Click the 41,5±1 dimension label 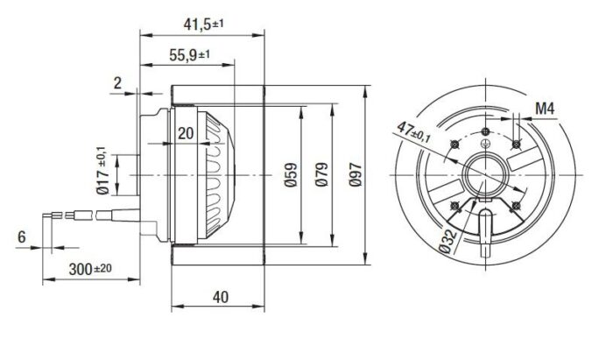pyautogui.click(x=203, y=25)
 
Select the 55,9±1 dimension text pyautogui.click(x=189, y=55)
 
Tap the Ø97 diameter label pyautogui.click(x=356, y=174)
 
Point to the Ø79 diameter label pyautogui.click(x=321, y=174)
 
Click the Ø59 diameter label pyautogui.click(x=291, y=174)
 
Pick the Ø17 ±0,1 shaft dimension pyautogui.click(x=102, y=171)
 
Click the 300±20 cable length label pyautogui.click(x=90, y=269)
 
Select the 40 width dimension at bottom pyautogui.click(x=221, y=298)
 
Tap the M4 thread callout pyautogui.click(x=545, y=109)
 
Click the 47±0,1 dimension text pyautogui.click(x=413, y=132)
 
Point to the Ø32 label pyautogui.click(x=447, y=242)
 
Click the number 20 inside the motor pyautogui.click(x=186, y=133)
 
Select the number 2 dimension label pyautogui.click(x=117, y=83)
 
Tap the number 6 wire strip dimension pyautogui.click(x=22, y=236)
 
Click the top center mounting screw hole pyautogui.click(x=485, y=131)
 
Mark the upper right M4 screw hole pyautogui.click(x=516, y=145)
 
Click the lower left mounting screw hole pyautogui.click(x=454, y=205)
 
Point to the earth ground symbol pyautogui.click(x=485, y=144)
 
